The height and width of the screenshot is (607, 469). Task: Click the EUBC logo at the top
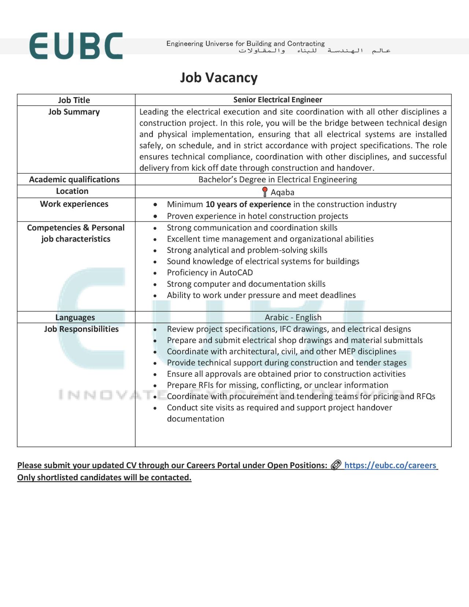[76, 46]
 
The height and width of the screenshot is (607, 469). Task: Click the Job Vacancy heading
[219, 78]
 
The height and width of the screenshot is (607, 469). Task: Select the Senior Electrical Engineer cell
[278, 100]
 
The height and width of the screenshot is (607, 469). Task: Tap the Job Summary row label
[74, 112]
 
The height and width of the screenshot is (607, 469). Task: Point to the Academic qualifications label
[74, 179]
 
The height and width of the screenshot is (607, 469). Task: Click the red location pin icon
[265, 191]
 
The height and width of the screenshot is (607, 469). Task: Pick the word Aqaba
[282, 192]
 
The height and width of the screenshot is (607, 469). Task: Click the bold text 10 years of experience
[248, 204]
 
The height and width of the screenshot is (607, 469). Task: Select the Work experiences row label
[74, 204]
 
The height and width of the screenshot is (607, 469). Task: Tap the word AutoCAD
[236, 273]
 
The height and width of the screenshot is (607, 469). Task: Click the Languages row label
[75, 317]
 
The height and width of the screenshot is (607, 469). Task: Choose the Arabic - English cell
[293, 317]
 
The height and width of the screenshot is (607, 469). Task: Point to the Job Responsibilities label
[81, 329]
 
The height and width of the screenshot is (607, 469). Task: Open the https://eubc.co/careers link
[390, 465]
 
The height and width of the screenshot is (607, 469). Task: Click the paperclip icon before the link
[336, 465]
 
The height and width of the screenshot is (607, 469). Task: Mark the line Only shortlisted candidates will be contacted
[104, 477]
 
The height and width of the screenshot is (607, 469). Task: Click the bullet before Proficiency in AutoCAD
[155, 273]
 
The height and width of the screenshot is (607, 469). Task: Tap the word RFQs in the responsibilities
[426, 396]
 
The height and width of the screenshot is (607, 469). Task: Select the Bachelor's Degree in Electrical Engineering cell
[278, 179]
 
